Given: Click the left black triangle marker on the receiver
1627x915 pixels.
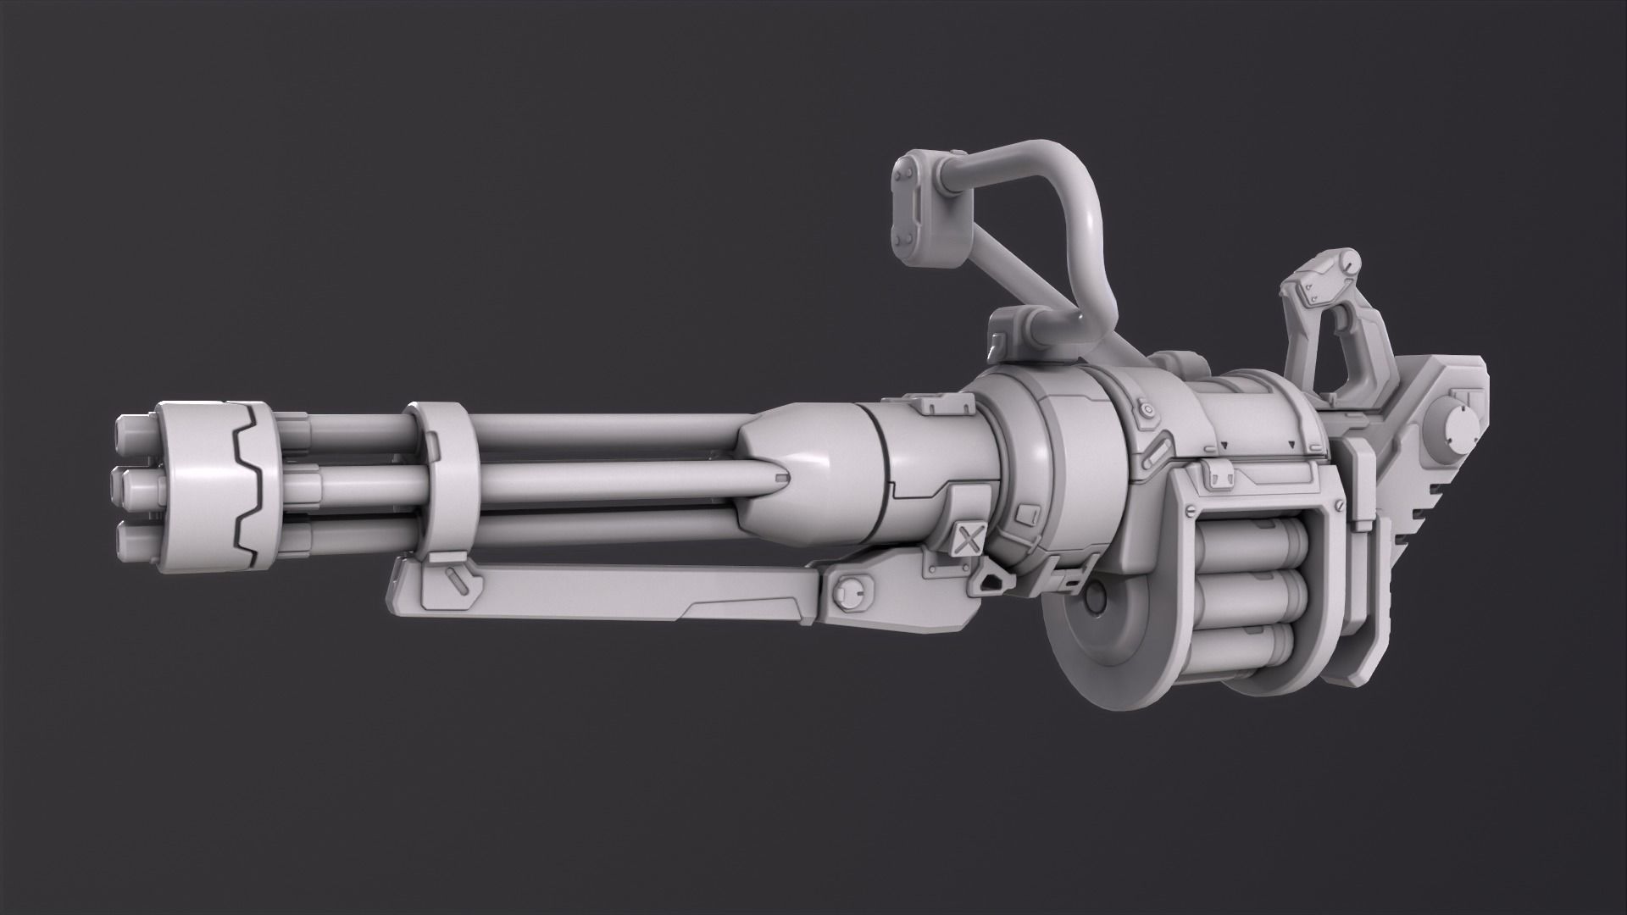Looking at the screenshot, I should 1223,445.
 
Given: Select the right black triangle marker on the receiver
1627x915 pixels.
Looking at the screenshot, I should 1290,444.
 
